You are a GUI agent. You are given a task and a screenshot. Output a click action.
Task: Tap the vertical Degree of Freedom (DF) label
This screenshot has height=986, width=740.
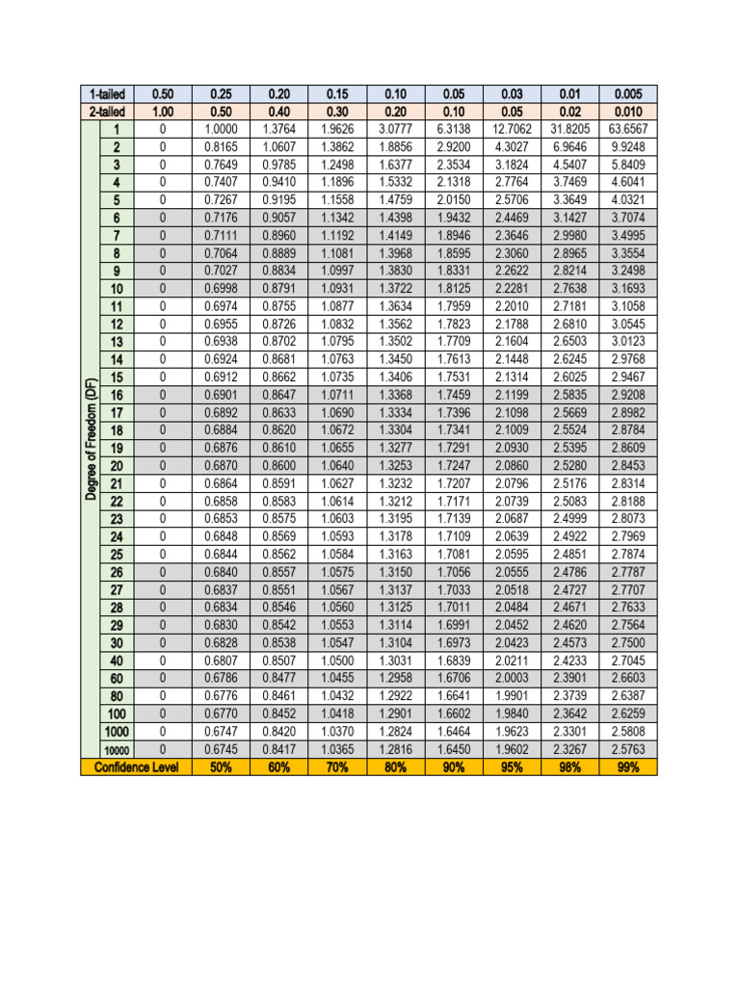[x=91, y=439]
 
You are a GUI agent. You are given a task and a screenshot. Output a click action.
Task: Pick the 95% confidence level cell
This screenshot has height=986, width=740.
[x=511, y=767]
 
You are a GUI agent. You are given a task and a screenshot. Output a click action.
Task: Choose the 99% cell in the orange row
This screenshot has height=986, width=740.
[x=627, y=767]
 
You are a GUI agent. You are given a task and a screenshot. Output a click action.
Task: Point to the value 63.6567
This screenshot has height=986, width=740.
[x=627, y=129]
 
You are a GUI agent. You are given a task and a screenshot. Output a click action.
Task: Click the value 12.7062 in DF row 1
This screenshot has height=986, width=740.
[x=511, y=129]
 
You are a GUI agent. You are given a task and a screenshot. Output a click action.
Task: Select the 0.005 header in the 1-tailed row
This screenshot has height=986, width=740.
[x=627, y=94]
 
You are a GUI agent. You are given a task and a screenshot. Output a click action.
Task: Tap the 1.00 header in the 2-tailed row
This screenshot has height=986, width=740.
[x=163, y=112]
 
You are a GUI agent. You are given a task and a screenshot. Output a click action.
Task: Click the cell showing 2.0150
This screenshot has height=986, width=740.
[x=453, y=200]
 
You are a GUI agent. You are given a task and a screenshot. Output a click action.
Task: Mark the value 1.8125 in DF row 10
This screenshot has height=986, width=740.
[x=453, y=289]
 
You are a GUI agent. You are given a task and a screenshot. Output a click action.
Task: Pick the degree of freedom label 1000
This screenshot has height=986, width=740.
[x=117, y=732]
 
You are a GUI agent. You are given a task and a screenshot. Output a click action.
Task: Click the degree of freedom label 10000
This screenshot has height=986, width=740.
[x=117, y=750]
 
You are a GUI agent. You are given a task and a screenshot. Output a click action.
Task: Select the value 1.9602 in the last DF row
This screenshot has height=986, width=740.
[x=511, y=750]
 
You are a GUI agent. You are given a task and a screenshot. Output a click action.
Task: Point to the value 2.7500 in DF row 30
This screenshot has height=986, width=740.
[x=627, y=643]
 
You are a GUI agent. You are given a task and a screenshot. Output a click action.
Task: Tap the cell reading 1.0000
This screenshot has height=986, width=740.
[x=221, y=129]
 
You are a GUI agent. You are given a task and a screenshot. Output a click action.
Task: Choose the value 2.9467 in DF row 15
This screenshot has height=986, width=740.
[x=627, y=377]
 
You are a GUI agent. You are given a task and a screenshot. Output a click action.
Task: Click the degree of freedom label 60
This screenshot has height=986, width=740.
[x=117, y=679]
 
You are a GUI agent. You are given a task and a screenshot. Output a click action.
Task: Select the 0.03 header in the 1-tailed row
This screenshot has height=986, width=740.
[x=511, y=94]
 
